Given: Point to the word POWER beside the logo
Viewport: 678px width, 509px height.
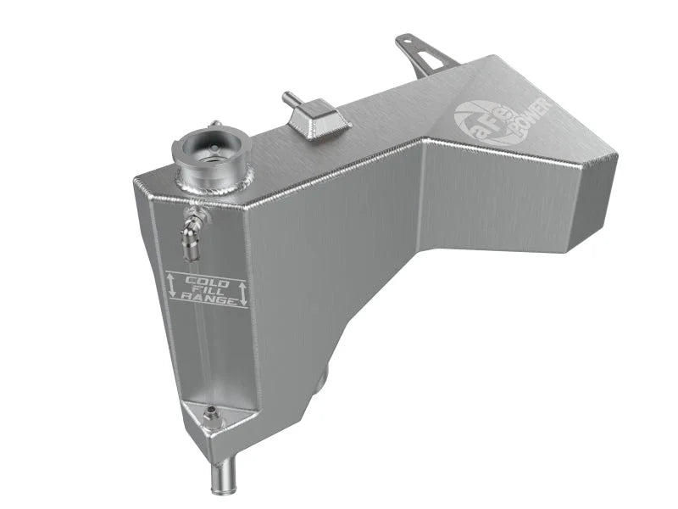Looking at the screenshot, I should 533,119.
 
